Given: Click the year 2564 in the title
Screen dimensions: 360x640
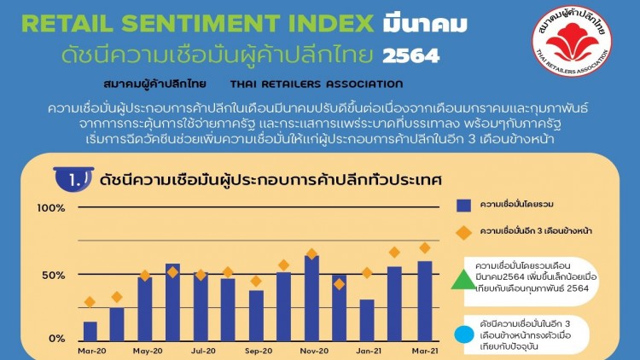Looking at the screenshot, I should (x=411, y=56).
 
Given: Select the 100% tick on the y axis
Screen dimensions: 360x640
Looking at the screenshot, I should (x=51, y=208).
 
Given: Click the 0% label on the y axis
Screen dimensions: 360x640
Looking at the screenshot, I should (x=56, y=339).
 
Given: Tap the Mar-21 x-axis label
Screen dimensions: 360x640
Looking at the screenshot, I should (x=424, y=351).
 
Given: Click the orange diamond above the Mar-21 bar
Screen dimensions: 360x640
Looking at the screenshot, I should (x=424, y=248).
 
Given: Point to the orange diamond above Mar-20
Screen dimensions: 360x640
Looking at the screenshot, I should (x=90, y=302).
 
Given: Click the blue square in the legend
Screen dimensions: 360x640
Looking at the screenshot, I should (x=463, y=205).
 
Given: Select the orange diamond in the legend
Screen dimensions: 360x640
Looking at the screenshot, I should (x=463, y=231).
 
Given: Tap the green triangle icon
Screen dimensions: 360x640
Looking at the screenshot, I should (x=461, y=278).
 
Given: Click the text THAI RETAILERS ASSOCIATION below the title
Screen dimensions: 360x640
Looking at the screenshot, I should (x=317, y=84).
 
